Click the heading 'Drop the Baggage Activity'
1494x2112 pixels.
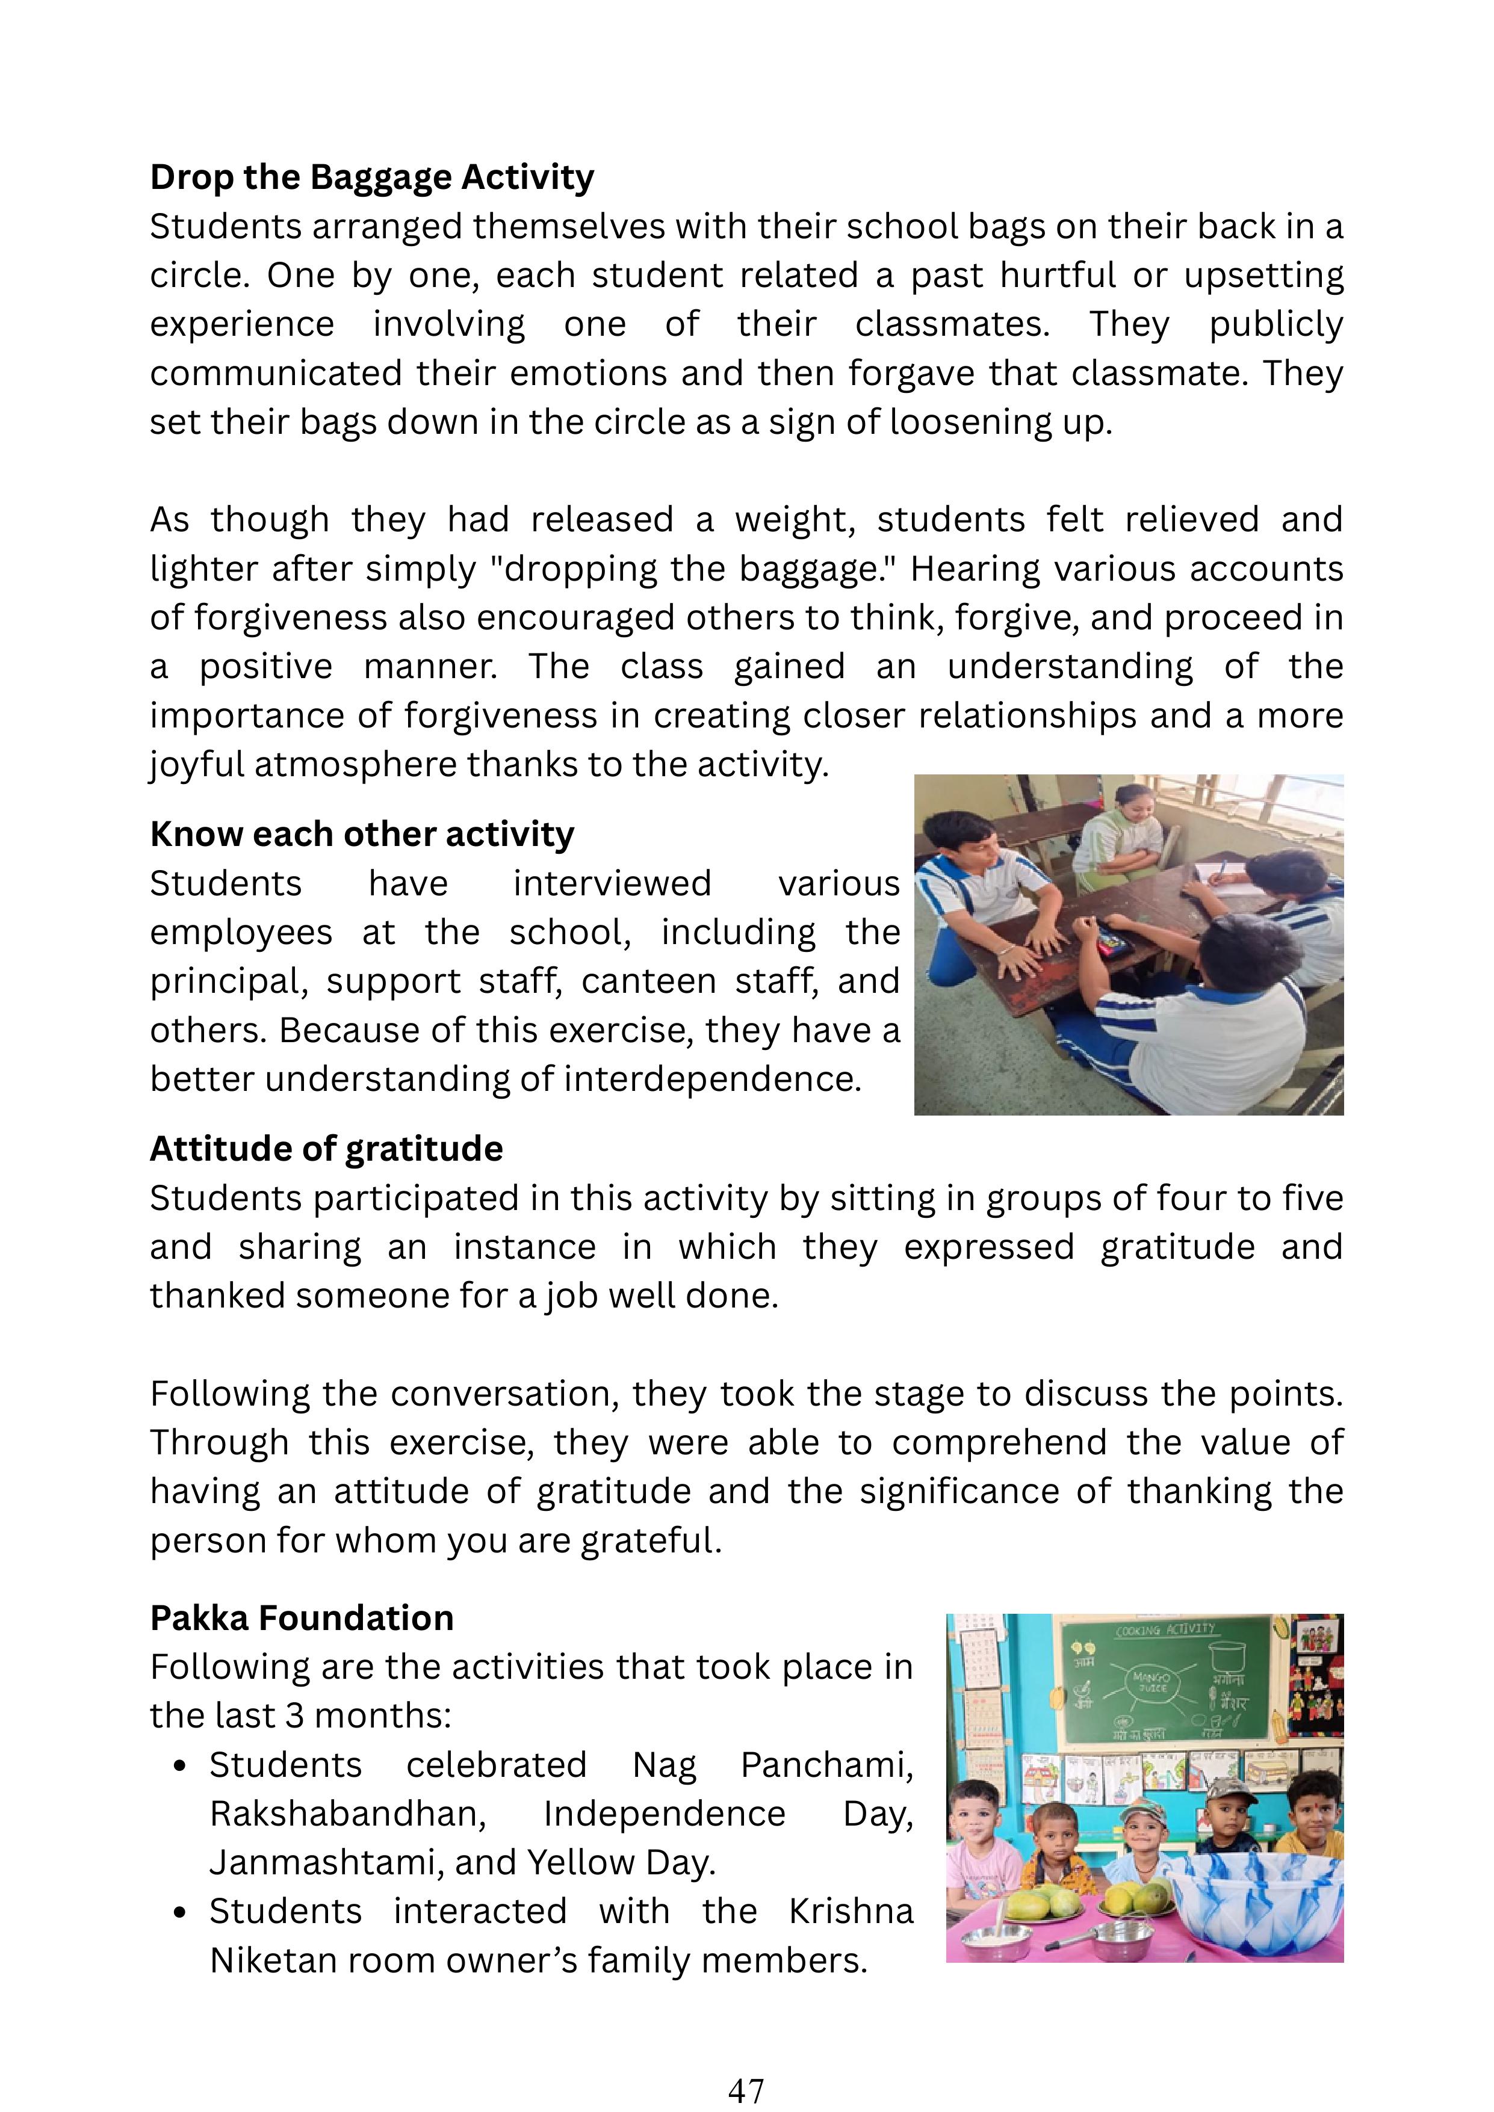(371, 177)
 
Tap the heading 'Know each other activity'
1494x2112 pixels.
(362, 835)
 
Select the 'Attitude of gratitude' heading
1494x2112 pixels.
(327, 1149)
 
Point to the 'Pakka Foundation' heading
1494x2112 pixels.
(302, 1618)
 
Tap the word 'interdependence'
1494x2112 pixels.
(712, 1079)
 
